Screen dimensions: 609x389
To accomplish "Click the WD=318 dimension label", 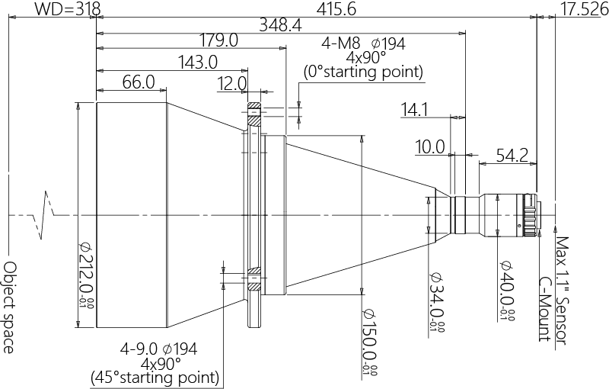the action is (x=68, y=9).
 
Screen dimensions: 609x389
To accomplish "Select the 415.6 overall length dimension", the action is (x=336, y=9).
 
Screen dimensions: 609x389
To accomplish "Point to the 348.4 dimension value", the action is (x=280, y=25).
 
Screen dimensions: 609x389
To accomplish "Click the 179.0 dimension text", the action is (x=218, y=40).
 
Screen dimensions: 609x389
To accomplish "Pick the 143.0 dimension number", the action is (x=198, y=63).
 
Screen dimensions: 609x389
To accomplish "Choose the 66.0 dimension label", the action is (x=139, y=82).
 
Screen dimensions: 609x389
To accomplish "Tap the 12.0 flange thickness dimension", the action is (x=232, y=84).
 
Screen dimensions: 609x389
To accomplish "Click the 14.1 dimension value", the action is (x=414, y=110).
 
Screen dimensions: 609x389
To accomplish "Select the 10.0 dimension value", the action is (x=429, y=147).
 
